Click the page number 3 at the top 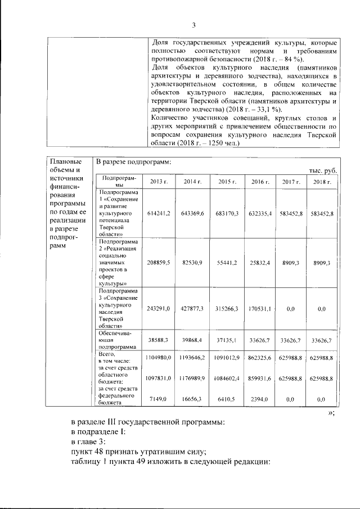point(193,25)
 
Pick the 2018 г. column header point(322,182)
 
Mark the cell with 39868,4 point(192,340)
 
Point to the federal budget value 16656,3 point(192,398)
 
